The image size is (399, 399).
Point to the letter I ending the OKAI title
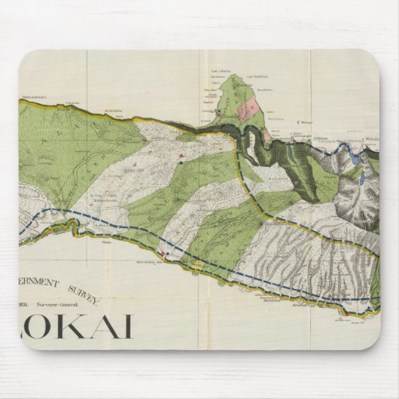(123, 326)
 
